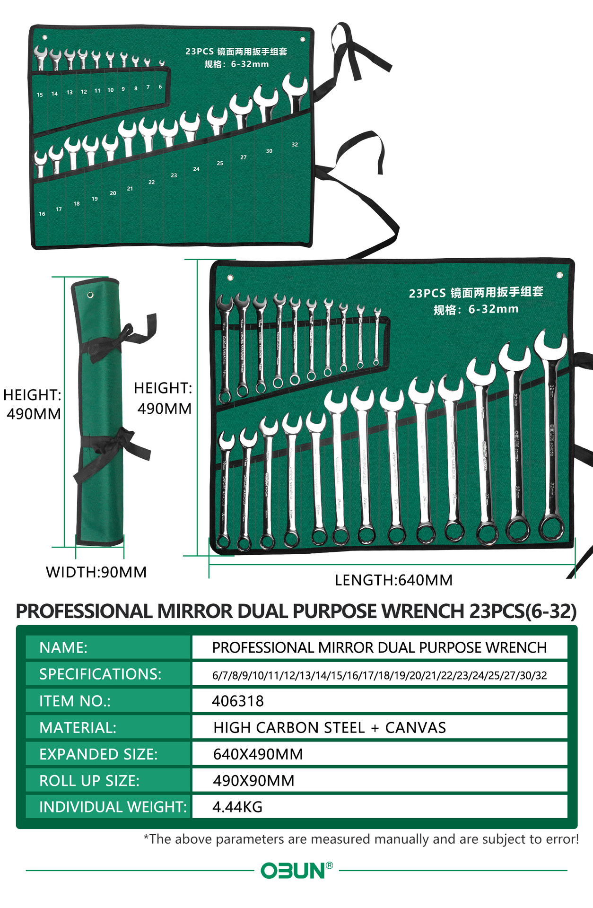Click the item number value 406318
click(237, 701)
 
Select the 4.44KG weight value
click(237, 807)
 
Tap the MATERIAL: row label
click(78, 727)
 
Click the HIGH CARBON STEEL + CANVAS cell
click(329, 727)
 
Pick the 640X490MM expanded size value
click(258, 754)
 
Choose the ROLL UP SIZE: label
click(89, 780)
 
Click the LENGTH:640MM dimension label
click(393, 580)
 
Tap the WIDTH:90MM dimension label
click(96, 572)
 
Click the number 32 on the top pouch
click(295, 145)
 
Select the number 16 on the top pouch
click(42, 214)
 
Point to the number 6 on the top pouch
click(160, 87)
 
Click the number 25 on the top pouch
click(220, 163)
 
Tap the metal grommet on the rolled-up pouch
click(90, 296)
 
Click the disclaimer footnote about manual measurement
click(361, 839)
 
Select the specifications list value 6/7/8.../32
click(379, 675)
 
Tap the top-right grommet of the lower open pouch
click(559, 275)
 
